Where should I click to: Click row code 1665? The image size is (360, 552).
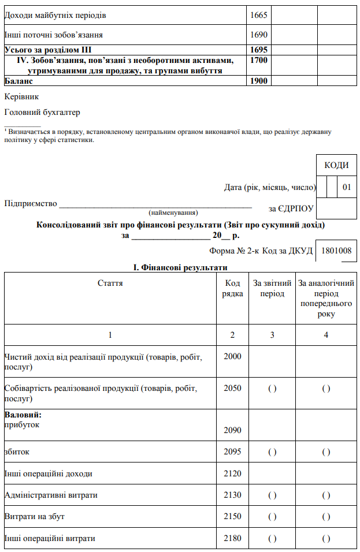(259, 14)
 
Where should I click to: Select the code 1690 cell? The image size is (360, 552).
(259, 35)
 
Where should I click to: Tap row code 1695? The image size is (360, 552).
(259, 50)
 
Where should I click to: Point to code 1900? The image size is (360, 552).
(259, 81)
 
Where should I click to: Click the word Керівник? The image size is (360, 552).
(21, 96)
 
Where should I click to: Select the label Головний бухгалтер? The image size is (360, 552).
(42, 112)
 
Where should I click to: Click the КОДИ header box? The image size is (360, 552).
(336, 165)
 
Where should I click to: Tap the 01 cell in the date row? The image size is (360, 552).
(347, 187)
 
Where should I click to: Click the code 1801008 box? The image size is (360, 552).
(336, 251)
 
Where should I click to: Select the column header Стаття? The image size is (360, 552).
(110, 283)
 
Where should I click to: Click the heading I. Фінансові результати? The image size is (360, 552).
(180, 267)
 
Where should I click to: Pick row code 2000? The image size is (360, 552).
(232, 356)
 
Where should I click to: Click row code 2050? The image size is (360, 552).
(232, 388)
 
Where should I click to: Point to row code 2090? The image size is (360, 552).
(232, 430)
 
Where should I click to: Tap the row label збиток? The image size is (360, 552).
(16, 452)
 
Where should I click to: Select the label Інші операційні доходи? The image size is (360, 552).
(49, 473)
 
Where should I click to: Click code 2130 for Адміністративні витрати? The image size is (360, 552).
(232, 495)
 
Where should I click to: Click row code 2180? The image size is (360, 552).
(232, 538)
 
